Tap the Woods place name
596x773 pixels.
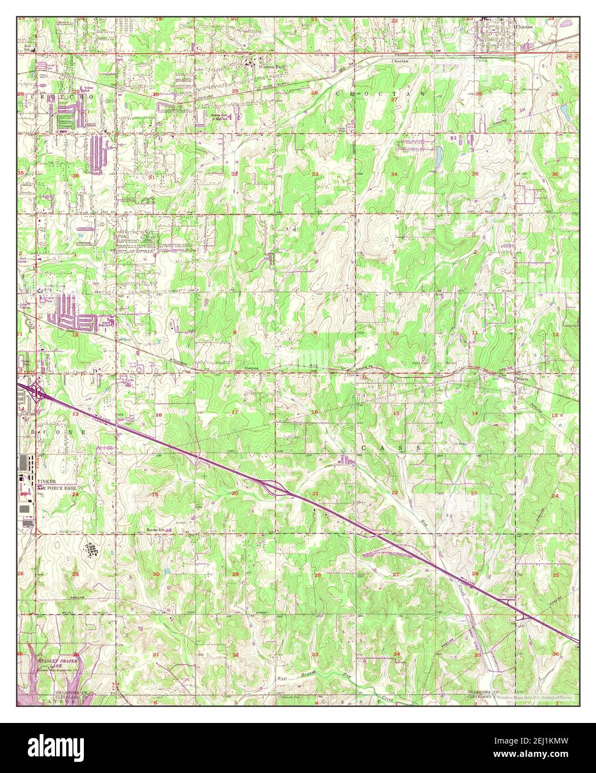[522, 378]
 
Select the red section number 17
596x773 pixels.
[234, 412]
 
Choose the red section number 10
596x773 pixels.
[395, 334]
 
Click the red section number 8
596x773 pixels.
[234, 333]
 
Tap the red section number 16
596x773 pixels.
[314, 412]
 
